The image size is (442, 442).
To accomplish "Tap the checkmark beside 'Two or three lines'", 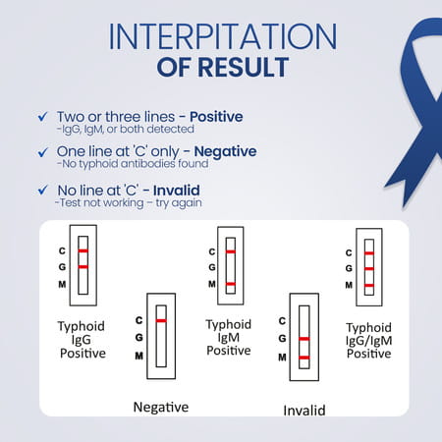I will pos(40,118).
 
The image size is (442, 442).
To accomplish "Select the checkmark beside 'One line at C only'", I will pos(40,152).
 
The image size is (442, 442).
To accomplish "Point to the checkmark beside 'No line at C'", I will pos(40,190).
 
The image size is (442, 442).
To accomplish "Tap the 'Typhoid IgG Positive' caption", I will pos(83,338).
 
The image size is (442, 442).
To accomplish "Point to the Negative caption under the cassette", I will pos(160,406).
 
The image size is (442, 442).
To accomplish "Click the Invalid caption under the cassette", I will pos(304,410).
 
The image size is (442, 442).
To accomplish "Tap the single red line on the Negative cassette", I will pos(161,321).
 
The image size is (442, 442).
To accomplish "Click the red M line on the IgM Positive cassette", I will pos(231,284).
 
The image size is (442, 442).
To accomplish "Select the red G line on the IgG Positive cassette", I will pos(83,267).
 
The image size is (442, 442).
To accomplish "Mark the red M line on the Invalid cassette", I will pos(304,357).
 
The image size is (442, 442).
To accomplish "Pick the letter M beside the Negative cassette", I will pos(138,356).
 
